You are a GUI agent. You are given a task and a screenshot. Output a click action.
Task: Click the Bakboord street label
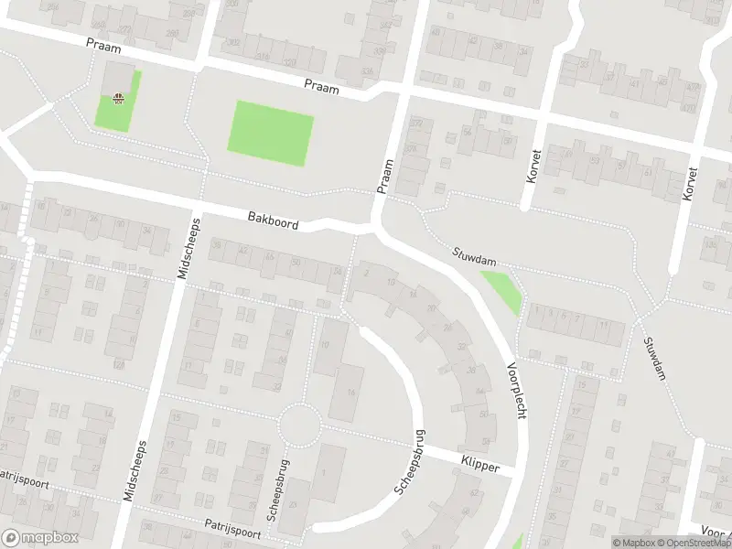pyautogui.click(x=273, y=220)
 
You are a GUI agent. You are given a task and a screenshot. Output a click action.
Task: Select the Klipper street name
pyautogui.click(x=480, y=467)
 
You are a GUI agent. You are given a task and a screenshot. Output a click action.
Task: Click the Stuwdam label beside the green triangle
pyautogui.click(x=471, y=258)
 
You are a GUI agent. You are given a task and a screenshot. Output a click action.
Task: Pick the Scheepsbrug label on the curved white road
pyautogui.click(x=410, y=462)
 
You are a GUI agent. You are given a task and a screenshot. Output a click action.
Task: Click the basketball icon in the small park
pyautogui.click(x=118, y=99)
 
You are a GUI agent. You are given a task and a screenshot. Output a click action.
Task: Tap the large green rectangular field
pyautogui.click(x=270, y=134)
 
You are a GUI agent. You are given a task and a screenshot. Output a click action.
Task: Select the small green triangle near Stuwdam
pyautogui.click(x=503, y=289)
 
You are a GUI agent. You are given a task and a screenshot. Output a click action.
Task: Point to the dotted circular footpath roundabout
pyautogui.click(x=299, y=425)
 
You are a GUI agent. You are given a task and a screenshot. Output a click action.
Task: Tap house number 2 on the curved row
pyautogui.click(x=366, y=271)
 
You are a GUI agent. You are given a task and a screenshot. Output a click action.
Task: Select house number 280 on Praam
pyautogui.click(x=172, y=33)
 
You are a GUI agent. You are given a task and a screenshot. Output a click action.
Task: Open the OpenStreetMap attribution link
pyautogui.click(x=692, y=543)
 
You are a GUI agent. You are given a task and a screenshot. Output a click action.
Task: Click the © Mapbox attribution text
pyautogui.click(x=633, y=543)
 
